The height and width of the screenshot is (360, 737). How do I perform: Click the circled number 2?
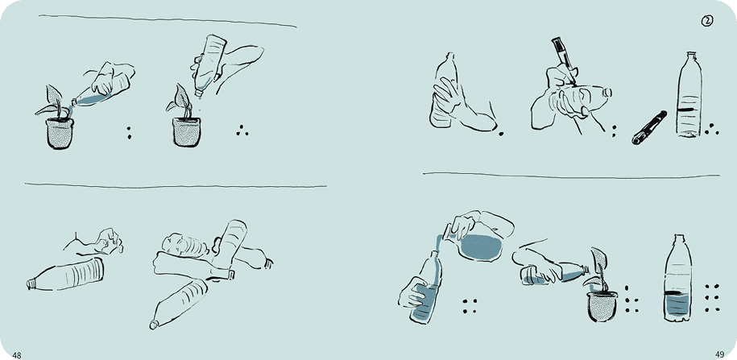coord(707,21)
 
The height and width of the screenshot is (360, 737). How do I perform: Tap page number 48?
coord(16,355)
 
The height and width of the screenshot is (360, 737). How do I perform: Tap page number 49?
coord(719,355)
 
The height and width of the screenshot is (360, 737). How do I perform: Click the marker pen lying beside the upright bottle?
coord(649,127)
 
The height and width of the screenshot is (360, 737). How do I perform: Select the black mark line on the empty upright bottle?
coord(689,109)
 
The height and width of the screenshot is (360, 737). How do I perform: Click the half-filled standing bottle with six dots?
coord(677,278)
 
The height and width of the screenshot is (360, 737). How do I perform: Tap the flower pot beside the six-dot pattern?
coord(602,306)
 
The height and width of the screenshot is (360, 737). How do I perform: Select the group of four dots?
coord(469,306)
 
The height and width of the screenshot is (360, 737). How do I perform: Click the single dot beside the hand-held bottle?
coord(500,134)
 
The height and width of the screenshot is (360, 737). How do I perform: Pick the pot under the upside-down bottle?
coord(186,131)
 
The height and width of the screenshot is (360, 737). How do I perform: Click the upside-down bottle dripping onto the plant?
coord(209,64)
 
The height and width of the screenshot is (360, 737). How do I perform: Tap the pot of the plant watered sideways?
coord(60,134)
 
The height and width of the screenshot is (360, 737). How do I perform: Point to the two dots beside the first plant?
coord(129,132)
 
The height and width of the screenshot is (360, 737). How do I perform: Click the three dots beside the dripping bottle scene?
coord(242,130)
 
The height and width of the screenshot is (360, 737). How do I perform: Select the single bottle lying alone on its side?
coord(65,275)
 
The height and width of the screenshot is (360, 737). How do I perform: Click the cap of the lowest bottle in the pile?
coord(153,325)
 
